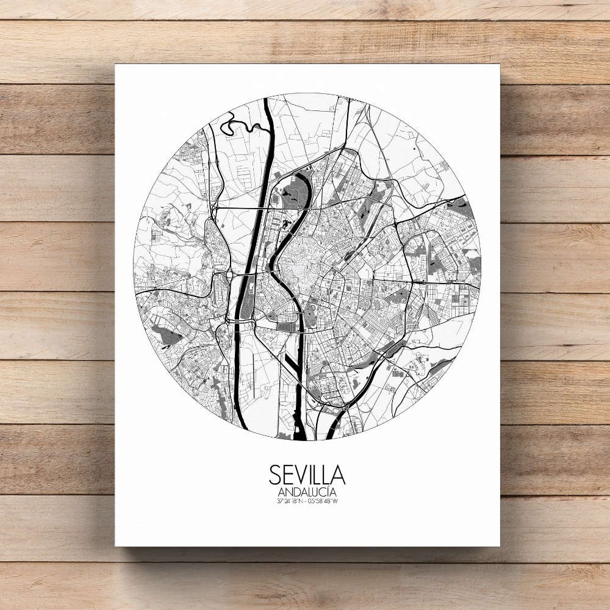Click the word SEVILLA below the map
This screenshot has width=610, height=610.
coord(307,475)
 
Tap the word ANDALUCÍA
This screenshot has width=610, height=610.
coord(307,492)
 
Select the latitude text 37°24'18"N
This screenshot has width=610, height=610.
coord(290,501)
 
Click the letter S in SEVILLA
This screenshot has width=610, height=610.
coord(274,475)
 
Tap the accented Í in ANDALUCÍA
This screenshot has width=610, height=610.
coord(329,492)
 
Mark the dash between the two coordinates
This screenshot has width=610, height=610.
coord(307,501)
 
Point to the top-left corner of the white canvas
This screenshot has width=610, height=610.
coord(115,65)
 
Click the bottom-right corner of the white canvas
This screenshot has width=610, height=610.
coord(499,545)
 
